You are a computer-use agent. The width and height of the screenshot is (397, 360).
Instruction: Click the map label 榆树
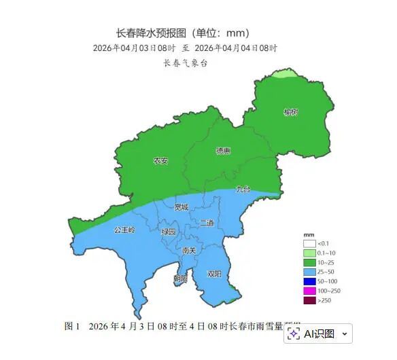291,112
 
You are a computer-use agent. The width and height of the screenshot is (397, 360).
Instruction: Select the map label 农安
160,161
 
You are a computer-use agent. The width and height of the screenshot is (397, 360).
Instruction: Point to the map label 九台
243,188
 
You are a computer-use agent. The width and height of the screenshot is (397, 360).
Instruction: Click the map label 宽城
181,206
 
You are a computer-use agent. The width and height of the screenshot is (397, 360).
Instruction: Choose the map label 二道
207,223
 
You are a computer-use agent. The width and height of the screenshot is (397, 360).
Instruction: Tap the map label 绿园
168,232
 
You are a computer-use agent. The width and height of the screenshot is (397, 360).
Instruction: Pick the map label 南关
189,251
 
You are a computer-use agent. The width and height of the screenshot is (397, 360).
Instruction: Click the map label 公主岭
125,230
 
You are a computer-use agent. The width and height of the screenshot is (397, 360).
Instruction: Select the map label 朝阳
180,278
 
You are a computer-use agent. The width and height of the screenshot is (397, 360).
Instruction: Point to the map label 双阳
214,274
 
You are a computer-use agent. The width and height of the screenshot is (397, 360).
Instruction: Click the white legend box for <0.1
310,243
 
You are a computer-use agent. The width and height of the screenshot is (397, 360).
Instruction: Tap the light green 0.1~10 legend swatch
310,253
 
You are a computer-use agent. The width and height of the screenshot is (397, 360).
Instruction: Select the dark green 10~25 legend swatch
310,262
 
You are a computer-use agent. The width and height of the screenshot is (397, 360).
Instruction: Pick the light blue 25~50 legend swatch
310,272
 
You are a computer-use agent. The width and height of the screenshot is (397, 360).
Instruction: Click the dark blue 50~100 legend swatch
310,281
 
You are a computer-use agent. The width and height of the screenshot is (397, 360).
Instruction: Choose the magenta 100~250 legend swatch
310,291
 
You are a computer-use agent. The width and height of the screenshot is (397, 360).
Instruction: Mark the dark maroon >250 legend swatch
310,300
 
